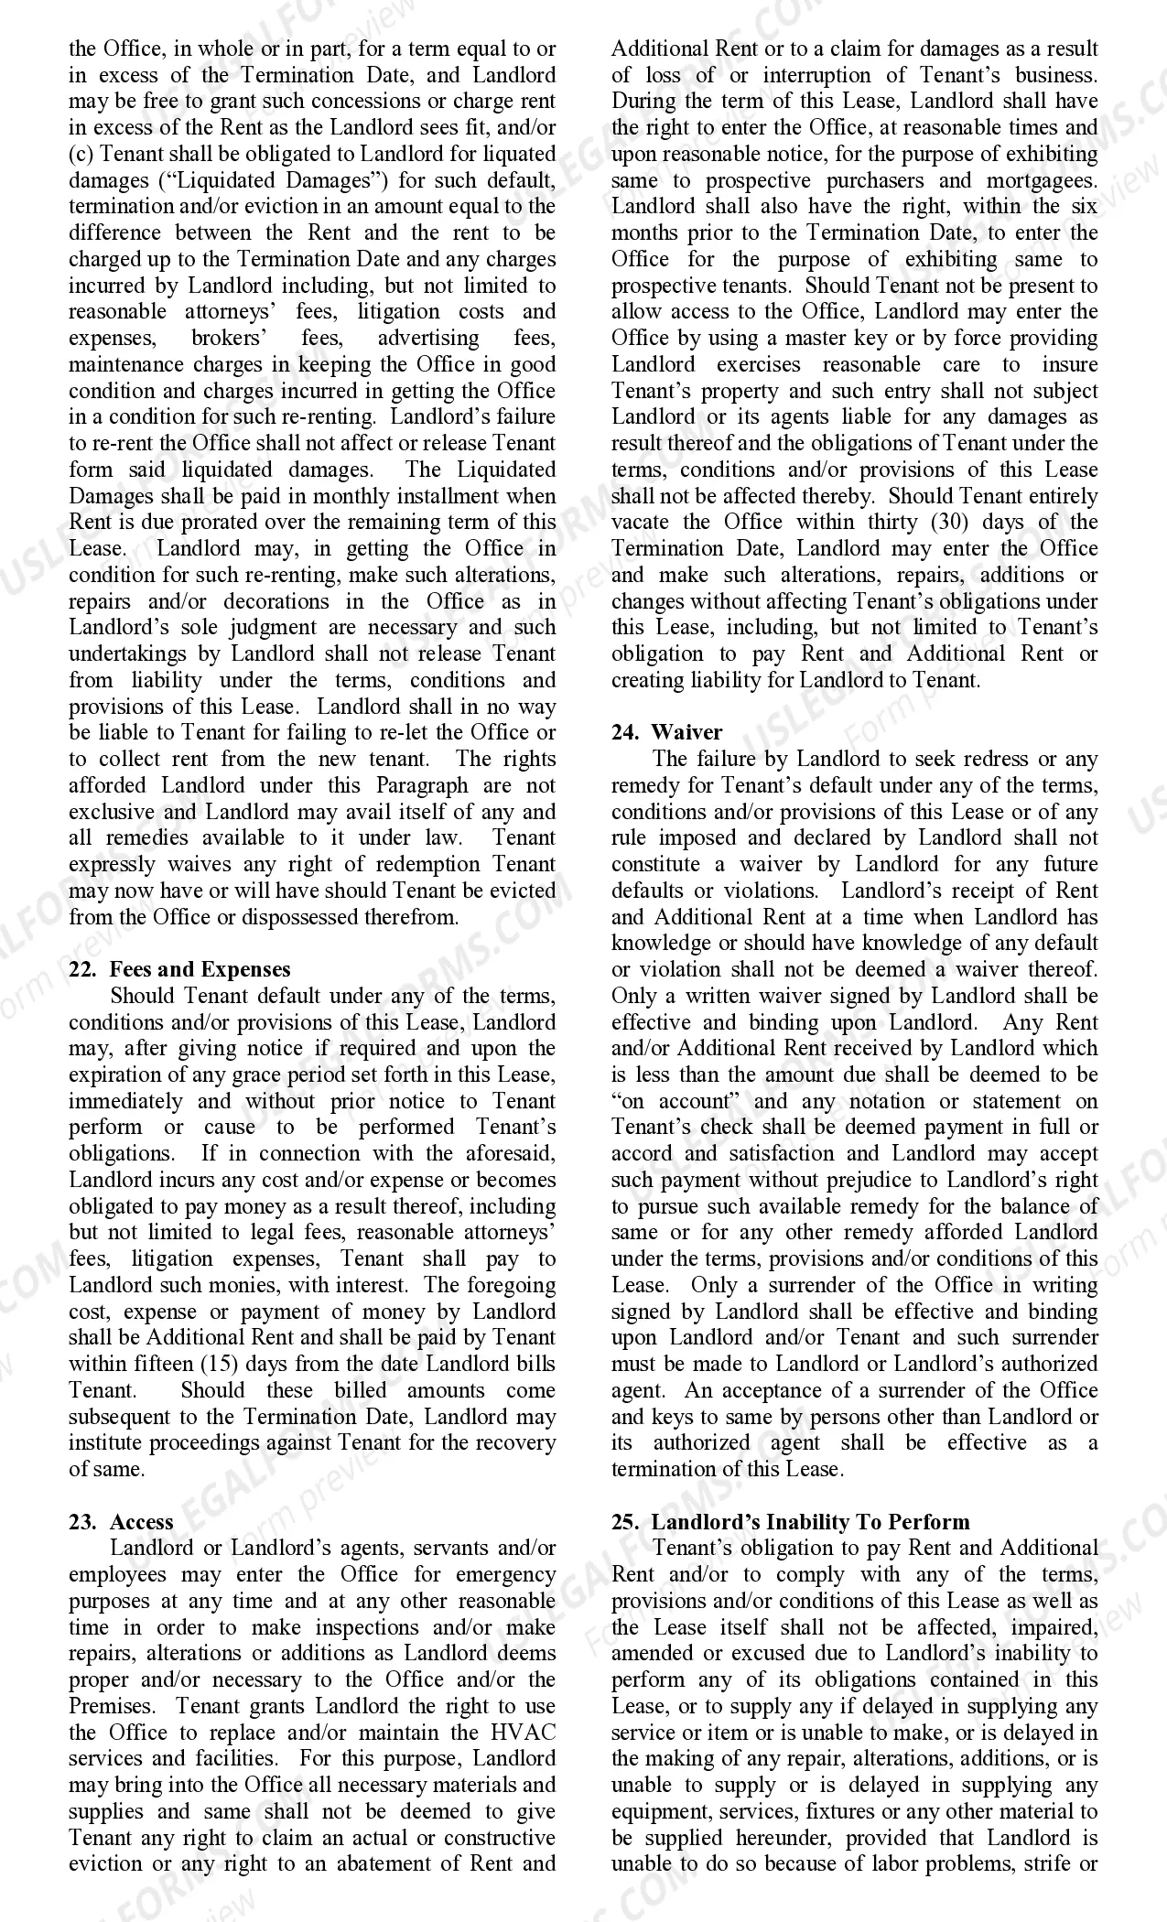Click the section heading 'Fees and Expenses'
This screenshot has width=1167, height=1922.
coord(200,969)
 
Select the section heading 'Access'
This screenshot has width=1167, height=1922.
coord(142,1522)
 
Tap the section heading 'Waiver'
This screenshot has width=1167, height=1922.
coord(686,732)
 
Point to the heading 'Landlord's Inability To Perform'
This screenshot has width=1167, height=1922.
coord(810,1522)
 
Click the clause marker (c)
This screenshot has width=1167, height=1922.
coord(81,154)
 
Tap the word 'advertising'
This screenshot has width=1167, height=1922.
coord(428,339)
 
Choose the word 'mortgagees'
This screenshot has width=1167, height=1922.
coord(1042,180)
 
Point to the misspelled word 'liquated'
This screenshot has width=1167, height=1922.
coord(515,154)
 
